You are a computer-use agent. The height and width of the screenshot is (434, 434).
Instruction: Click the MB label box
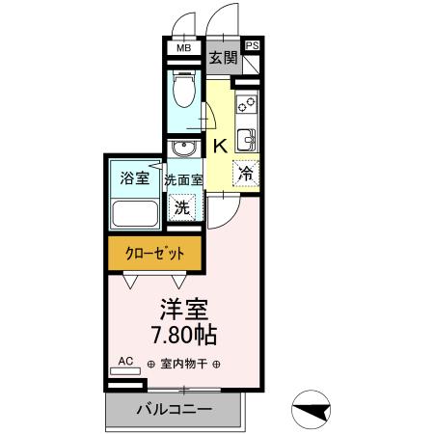pos(182,46)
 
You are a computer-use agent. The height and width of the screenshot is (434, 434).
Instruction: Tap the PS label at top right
pos(253,45)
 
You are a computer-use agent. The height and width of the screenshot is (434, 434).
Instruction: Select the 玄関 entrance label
pos(224,58)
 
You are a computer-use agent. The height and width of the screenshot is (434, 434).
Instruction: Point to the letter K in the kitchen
pos(219,146)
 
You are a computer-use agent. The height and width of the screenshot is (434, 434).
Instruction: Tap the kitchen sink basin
pos(246,139)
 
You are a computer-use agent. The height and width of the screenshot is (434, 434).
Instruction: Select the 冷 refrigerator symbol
pos(246,175)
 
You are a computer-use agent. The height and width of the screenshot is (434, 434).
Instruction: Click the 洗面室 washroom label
pos(182,179)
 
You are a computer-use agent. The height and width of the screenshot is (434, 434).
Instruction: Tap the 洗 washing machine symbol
pos(181,205)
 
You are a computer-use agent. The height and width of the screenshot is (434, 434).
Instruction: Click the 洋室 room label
pos(184,312)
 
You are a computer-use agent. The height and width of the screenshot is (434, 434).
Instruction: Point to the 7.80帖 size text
pos(184,337)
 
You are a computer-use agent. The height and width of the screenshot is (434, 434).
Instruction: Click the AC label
pos(125,361)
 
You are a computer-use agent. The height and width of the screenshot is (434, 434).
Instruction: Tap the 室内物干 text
pos(184,365)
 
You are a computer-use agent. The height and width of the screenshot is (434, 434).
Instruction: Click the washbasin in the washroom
pos(183,148)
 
